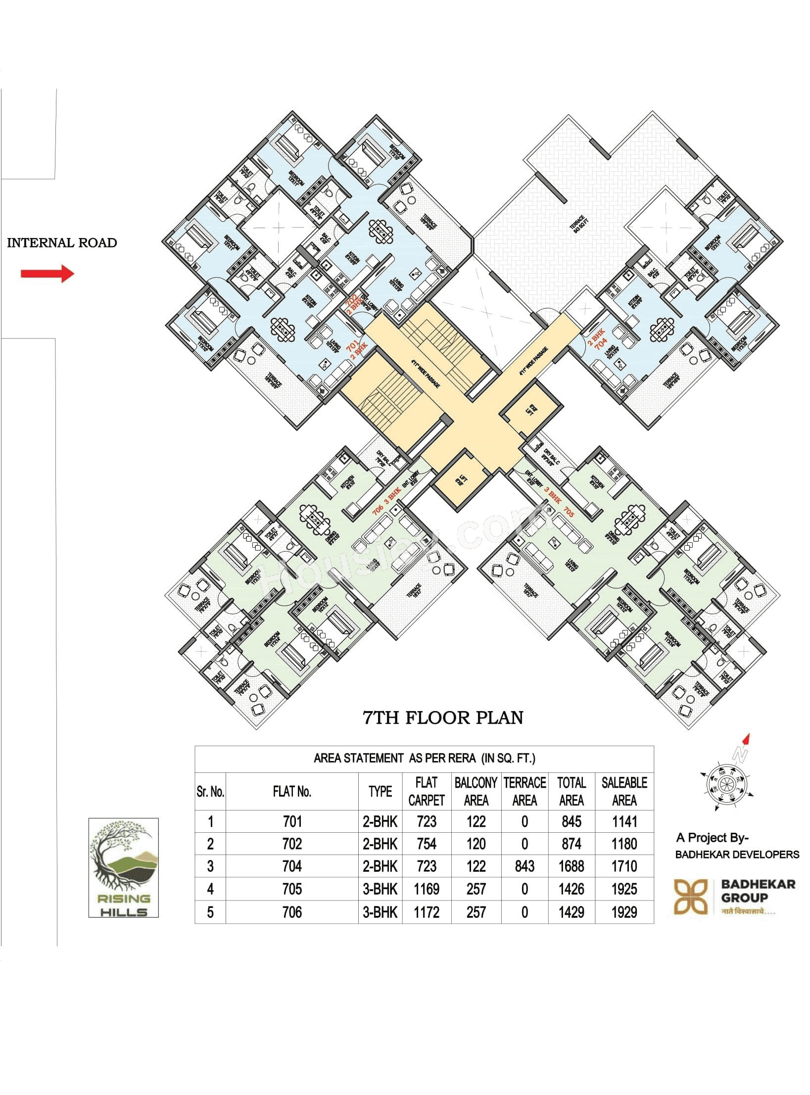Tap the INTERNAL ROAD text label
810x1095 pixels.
[x=62, y=243]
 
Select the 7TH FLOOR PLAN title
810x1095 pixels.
[x=443, y=717]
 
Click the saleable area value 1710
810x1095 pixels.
[x=624, y=866]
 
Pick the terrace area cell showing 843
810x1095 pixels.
[x=524, y=866]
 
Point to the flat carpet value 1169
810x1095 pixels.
[x=427, y=889]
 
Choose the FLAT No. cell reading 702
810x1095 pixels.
[x=292, y=844]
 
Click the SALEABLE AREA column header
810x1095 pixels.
[x=624, y=791]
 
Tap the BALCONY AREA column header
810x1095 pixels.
[x=476, y=791]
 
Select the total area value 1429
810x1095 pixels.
[x=571, y=912]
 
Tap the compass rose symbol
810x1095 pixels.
[x=726, y=783]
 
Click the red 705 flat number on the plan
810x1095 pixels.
[x=569, y=514]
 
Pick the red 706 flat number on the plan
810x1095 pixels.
[x=378, y=509]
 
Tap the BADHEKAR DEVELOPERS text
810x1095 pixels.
[x=737, y=855]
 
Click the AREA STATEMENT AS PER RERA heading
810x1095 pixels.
[x=424, y=758]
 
